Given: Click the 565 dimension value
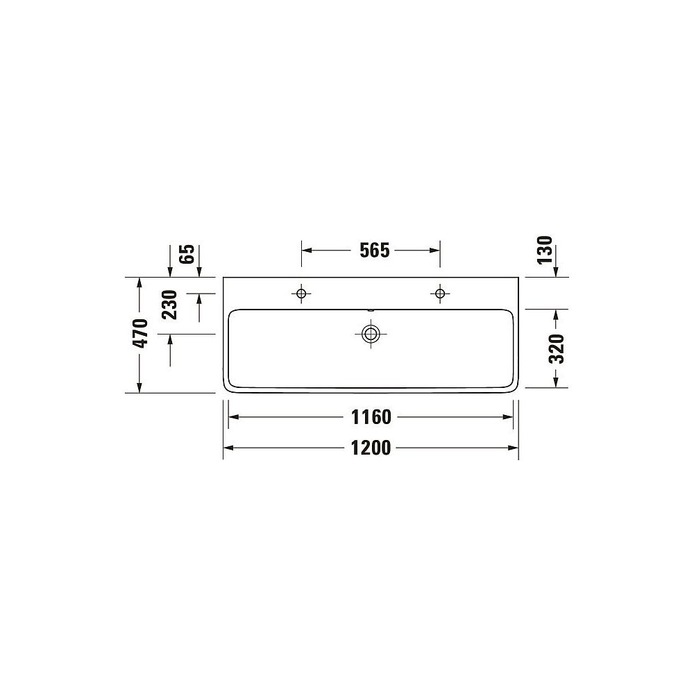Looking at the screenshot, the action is [375, 251].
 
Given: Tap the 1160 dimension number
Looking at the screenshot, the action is [371, 417].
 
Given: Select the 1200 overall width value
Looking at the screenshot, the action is [371, 448].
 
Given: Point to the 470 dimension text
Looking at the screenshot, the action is [141, 333].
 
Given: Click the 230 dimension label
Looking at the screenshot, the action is [169, 305].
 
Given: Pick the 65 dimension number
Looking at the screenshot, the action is [187, 254].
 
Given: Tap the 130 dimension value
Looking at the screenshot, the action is [545, 251].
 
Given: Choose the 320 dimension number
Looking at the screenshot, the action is [557, 349].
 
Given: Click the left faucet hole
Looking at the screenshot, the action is [301, 294].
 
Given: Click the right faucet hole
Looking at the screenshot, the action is [440, 294].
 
